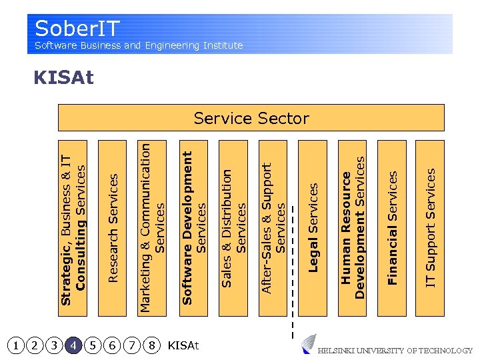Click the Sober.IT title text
click(x=77, y=28)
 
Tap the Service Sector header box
click(x=251, y=118)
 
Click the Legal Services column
click(x=312, y=227)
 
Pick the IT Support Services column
click(x=430, y=227)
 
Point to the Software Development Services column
click(x=193, y=227)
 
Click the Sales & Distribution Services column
click(x=233, y=227)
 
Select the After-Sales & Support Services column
click(x=273, y=227)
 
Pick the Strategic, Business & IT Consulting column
click(x=73, y=227)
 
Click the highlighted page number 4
click(x=74, y=345)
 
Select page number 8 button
click(x=152, y=345)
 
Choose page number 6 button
click(x=113, y=345)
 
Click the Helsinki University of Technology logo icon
click(x=309, y=344)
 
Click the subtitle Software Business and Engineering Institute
click(x=139, y=45)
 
